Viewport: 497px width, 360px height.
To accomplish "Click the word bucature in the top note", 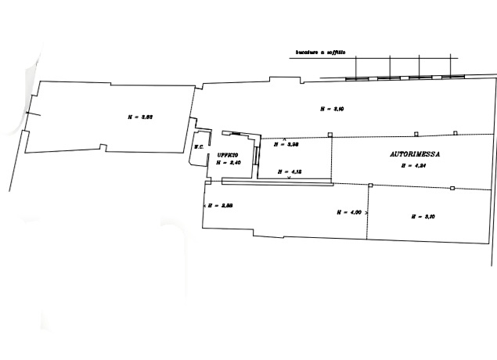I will (307, 52).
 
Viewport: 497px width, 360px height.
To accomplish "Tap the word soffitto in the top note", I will (344, 52).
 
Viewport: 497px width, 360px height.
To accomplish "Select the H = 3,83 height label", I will (139, 117).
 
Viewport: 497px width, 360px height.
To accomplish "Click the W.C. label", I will (200, 146).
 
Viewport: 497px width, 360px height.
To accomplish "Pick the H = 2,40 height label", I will (228, 163).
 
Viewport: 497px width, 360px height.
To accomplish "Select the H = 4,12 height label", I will (290, 171).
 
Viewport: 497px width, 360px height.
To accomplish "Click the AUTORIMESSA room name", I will (415, 155).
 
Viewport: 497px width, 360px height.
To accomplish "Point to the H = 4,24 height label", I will (412, 165).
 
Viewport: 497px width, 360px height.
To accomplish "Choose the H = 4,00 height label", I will (348, 211).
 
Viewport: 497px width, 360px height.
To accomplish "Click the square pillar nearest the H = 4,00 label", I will (370, 185).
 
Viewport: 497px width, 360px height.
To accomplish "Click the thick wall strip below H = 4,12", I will (278, 182).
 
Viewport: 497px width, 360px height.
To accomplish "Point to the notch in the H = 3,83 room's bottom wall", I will (103, 148).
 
